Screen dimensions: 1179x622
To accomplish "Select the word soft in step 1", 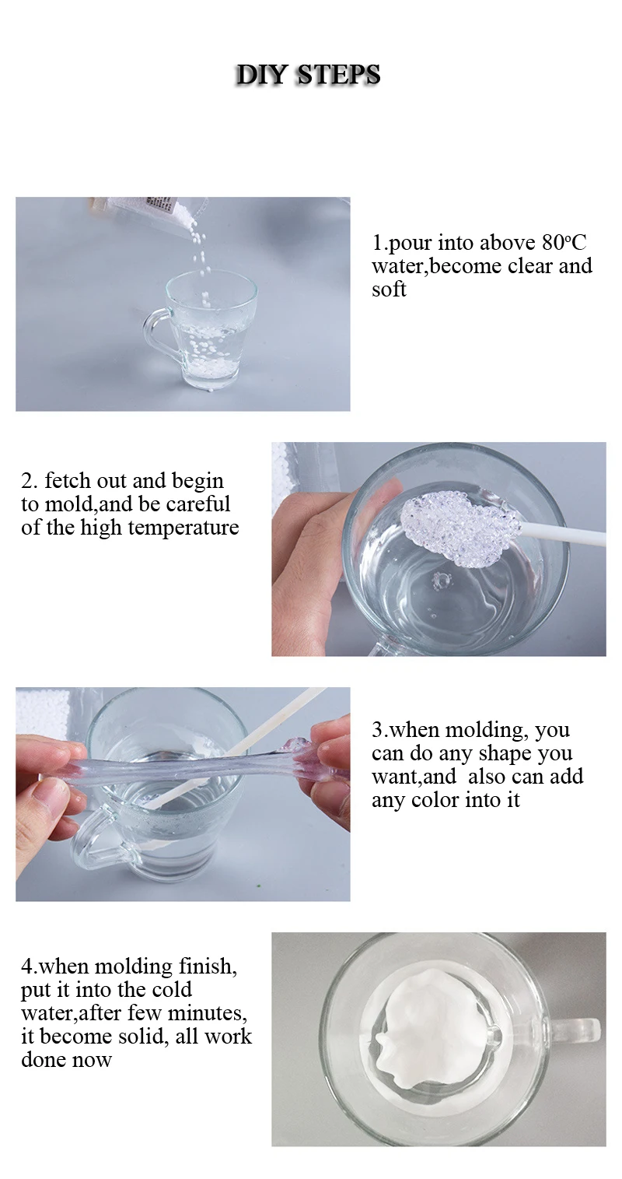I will pyautogui.click(x=389, y=289).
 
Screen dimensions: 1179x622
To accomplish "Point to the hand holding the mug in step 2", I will pyautogui.click(x=311, y=553).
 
